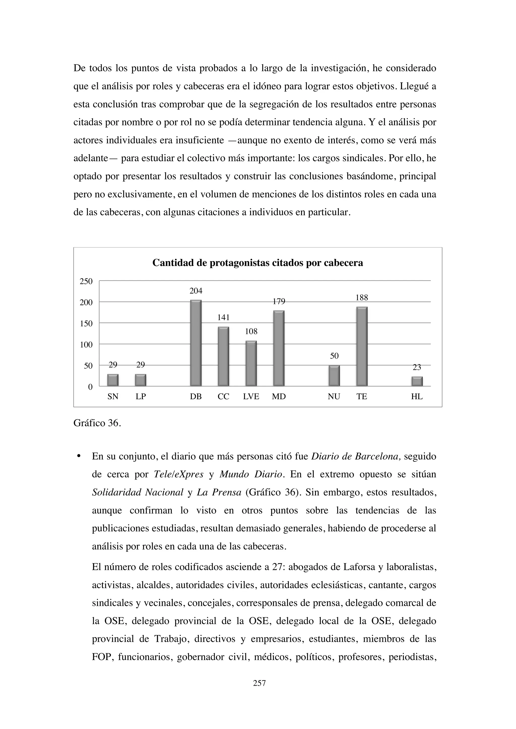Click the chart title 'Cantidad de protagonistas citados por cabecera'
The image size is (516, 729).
point(258,263)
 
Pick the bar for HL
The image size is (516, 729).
point(417,381)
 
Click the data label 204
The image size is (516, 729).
point(196,291)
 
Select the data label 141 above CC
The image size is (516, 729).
point(223,317)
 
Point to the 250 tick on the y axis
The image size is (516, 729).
point(86,281)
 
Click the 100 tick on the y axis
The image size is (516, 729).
point(86,345)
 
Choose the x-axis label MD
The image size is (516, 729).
point(279,396)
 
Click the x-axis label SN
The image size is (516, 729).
point(113,396)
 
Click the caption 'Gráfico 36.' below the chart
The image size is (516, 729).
point(97,423)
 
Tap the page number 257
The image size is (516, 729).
point(259,683)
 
